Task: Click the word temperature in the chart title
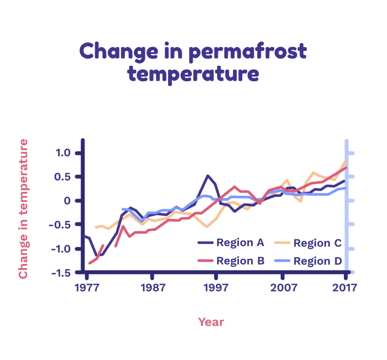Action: coord(193,74)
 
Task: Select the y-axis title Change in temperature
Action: coord(23,209)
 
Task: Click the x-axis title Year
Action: coord(211,322)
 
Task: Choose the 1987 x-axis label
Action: coord(153,288)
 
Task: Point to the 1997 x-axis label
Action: coord(216,288)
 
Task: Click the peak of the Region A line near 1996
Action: coord(208,176)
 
